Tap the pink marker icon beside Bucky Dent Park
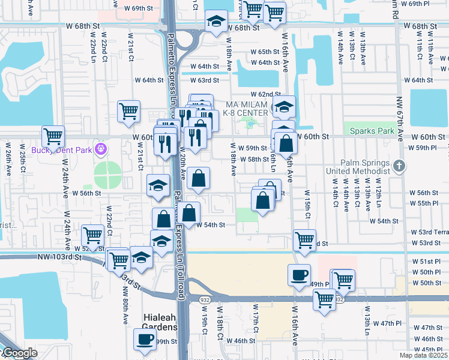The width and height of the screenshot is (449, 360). click(x=100, y=148)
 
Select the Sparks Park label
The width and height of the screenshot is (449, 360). click(x=373, y=131)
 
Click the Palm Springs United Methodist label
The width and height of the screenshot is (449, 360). click(x=366, y=167)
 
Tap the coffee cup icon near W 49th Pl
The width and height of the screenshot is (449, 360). click(x=299, y=274)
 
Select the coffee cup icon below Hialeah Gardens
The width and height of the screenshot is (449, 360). click(x=145, y=338)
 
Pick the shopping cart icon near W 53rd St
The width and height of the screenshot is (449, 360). click(x=305, y=239)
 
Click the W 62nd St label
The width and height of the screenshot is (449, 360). click(x=266, y=94)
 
